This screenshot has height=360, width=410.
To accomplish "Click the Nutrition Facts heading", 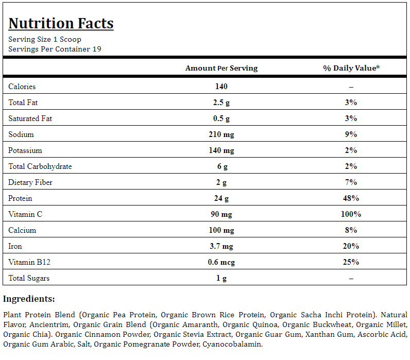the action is (61, 23).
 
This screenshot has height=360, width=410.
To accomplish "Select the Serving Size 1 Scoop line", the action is (45, 39).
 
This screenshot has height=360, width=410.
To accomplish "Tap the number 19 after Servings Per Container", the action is (97, 49).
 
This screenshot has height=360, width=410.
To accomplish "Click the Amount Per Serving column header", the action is (221, 68).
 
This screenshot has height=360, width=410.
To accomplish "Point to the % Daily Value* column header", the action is (351, 68).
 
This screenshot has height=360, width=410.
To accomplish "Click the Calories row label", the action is (22, 87).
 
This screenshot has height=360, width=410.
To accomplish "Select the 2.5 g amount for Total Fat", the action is (221, 102).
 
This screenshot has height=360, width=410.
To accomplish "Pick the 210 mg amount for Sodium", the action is (221, 134).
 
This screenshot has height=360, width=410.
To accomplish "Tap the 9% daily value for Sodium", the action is (351, 134).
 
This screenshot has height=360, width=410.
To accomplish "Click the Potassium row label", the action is (25, 150).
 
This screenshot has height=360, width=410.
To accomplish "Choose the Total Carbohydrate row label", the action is (40, 166).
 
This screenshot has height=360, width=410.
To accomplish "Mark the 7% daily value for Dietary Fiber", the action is (351, 182).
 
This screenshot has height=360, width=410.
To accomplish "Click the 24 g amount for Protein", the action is (221, 198).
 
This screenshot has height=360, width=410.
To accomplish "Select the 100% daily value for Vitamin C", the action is (351, 214).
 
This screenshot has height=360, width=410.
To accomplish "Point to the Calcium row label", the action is (22, 230).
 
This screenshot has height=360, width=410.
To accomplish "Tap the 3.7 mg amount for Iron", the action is (221, 246).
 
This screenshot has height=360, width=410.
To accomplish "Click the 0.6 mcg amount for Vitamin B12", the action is (221, 262).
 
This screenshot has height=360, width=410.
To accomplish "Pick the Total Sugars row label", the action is (29, 278).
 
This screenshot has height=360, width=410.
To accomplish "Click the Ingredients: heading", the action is (29, 299).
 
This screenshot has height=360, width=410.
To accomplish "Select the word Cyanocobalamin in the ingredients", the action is (233, 344).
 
